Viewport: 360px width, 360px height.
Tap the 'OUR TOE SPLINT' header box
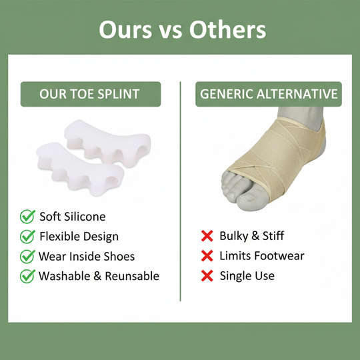pos(89,94)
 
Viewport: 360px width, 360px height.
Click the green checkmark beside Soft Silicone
pos(27,216)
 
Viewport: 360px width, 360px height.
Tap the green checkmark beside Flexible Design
pos(27,236)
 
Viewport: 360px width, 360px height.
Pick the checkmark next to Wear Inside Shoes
pos(27,256)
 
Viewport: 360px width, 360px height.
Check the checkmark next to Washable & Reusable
pos(27,275)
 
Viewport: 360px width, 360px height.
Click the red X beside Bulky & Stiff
pos(207,235)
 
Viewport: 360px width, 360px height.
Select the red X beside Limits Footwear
pos(207,255)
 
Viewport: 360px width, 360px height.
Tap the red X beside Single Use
pos(207,275)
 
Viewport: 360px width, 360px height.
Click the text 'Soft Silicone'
pos(72,216)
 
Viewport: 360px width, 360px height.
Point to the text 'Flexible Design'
pos(79,236)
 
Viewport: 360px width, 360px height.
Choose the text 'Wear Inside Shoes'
pos(87,256)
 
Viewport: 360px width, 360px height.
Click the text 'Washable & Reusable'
pos(99,275)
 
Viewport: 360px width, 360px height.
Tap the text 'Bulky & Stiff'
pos(251,235)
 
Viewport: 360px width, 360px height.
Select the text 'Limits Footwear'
pos(261,255)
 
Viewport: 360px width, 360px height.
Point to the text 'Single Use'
pos(247,275)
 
